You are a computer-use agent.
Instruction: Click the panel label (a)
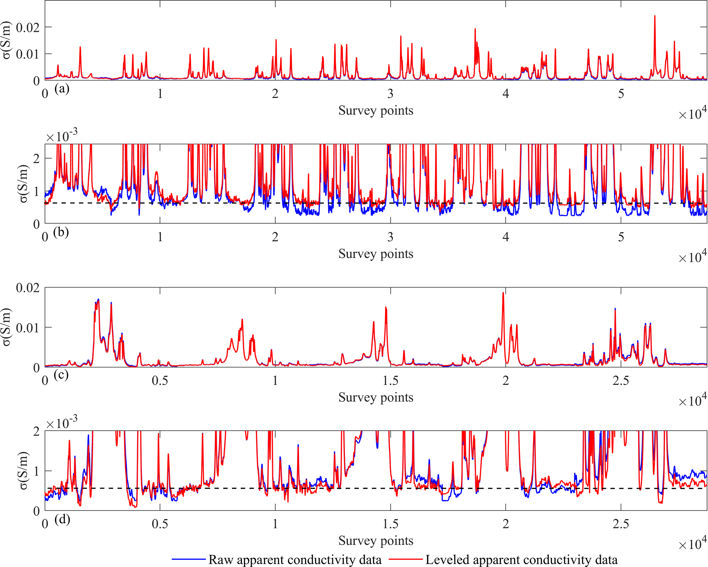tap(62, 89)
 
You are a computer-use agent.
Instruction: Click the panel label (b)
tap(61, 232)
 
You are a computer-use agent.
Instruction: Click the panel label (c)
tap(61, 375)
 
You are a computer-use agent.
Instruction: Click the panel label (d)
tap(62, 519)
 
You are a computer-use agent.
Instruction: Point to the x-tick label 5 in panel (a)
tap(621, 94)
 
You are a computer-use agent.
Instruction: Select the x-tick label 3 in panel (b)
tap(390, 237)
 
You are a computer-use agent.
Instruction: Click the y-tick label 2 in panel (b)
tap(36, 158)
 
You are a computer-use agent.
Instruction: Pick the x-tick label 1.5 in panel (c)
tap(390, 381)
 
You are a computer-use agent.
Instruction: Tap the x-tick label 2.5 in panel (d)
tap(621, 524)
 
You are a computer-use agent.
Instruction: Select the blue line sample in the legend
tap(188, 559)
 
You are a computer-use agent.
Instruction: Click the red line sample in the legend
tap(406, 559)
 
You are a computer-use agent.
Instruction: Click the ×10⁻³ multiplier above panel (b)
tap(62, 136)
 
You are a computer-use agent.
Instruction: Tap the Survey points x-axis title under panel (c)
tap(376, 397)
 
